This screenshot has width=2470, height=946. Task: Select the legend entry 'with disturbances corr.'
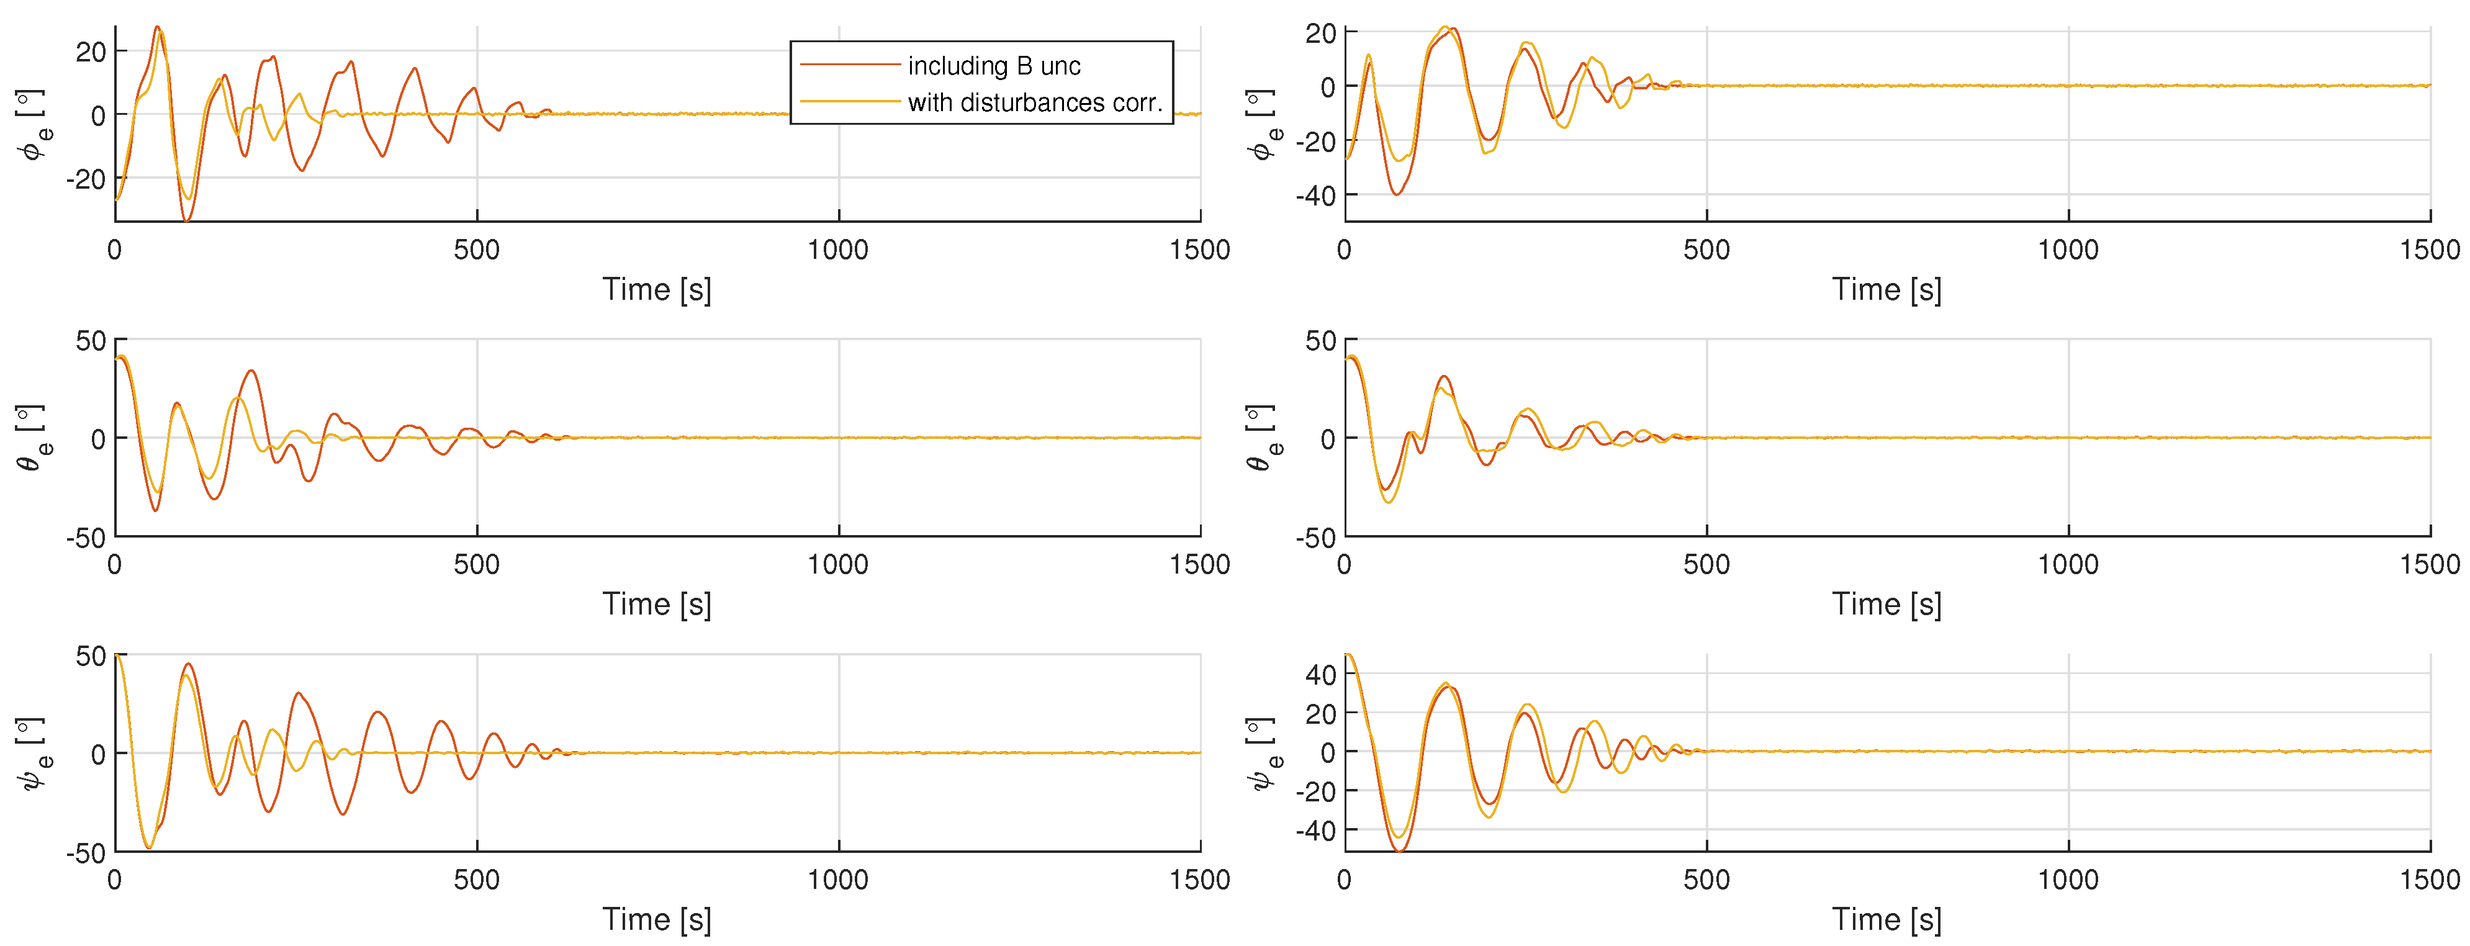click(1035, 102)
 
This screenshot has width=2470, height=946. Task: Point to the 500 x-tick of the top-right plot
click(1706, 250)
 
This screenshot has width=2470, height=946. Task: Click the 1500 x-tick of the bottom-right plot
click(2429, 880)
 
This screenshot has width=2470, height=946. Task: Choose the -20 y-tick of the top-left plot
click(86, 179)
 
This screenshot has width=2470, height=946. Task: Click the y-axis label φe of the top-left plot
click(33, 125)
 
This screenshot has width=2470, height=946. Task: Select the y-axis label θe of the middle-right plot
click(1263, 438)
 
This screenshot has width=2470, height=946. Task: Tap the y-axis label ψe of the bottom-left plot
click(33, 754)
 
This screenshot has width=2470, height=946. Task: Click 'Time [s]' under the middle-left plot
click(657, 605)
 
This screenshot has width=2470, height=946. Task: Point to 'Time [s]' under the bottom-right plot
click(1886, 920)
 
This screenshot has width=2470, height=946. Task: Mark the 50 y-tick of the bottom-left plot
click(91, 657)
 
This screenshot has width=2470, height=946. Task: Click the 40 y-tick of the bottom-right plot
click(1320, 675)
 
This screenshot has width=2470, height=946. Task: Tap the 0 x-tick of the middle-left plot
click(115, 564)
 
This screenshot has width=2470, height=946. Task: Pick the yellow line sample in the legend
click(850, 101)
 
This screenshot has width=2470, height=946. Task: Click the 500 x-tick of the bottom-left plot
click(477, 880)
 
